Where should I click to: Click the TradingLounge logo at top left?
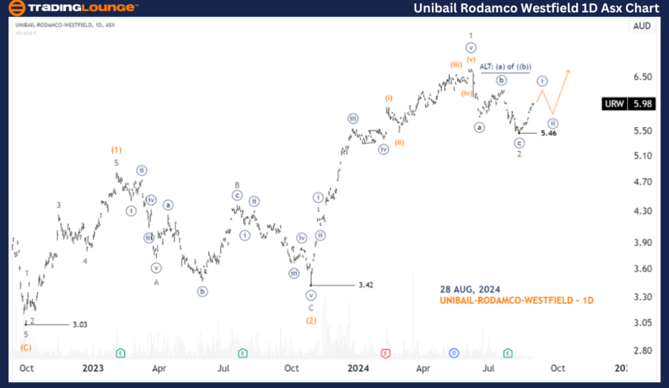(x=73, y=8)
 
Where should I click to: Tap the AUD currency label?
(x=641, y=26)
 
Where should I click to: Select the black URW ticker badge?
(x=615, y=104)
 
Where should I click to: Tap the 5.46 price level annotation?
(x=549, y=133)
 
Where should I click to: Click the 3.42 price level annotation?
(x=366, y=285)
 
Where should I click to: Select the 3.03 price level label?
(x=80, y=324)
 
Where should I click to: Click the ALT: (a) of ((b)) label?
(x=504, y=66)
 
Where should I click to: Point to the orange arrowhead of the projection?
(x=569, y=71)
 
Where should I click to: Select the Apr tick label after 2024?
(x=423, y=368)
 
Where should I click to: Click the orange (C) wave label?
(x=26, y=347)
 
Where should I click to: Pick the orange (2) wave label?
(x=311, y=320)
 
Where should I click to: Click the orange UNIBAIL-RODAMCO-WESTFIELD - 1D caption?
(x=516, y=300)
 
